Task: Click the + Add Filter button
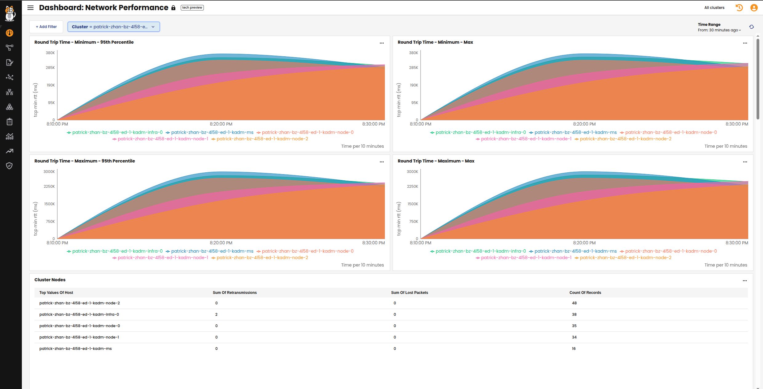46,27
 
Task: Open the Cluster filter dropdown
114,27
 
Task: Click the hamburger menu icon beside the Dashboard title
30,8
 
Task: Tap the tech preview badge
192,8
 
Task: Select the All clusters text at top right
714,8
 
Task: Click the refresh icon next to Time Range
751,27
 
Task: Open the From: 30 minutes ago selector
719,30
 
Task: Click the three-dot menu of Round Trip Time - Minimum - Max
745,43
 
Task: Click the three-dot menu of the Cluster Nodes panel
745,281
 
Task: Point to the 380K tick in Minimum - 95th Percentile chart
50,53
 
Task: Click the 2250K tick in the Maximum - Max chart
412,186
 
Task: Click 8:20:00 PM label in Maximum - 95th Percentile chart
221,243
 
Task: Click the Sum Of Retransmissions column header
235,293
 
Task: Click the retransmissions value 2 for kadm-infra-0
216,315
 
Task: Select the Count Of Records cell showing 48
574,303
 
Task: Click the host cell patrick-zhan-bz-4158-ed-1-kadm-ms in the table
75,349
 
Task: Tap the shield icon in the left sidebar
10,166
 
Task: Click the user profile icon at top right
754,8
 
